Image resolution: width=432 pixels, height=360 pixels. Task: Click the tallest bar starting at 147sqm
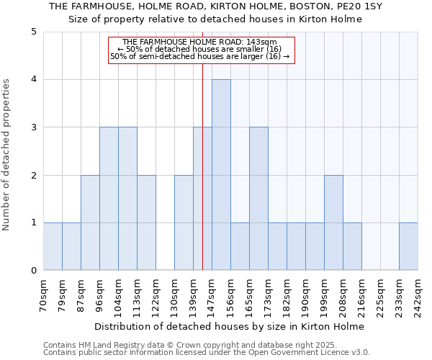pyautogui.click(x=221, y=175)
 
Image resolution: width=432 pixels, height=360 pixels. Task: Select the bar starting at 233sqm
pyautogui.click(x=408, y=247)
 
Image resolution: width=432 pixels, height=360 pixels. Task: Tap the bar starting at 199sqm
pyautogui.click(x=333, y=222)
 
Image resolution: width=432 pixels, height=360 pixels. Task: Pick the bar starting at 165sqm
pyautogui.click(x=258, y=199)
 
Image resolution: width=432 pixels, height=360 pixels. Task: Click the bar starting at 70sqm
pyautogui.click(x=53, y=247)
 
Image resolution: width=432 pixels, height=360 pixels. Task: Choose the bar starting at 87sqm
pyautogui.click(x=90, y=222)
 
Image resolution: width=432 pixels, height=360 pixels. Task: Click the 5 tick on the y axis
pyautogui.click(x=34, y=32)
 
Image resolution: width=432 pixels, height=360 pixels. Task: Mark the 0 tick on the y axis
pyautogui.click(x=34, y=271)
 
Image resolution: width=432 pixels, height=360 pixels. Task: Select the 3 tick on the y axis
pyautogui.click(x=34, y=127)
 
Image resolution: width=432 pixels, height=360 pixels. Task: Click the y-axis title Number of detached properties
pyautogui.click(x=7, y=156)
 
